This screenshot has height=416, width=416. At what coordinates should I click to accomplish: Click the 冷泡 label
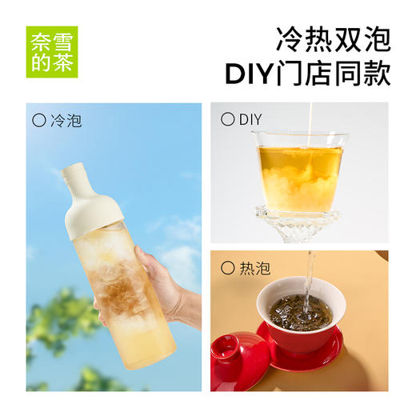pyautogui.click(x=66, y=122)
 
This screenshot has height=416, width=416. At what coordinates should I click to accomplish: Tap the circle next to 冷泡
pyautogui.click(x=39, y=122)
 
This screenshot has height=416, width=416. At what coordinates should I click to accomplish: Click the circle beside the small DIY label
pyautogui.click(x=226, y=120)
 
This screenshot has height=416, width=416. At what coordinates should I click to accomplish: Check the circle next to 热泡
pyautogui.click(x=226, y=268)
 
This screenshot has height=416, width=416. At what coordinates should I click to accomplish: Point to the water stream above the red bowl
pyautogui.click(x=309, y=276)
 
